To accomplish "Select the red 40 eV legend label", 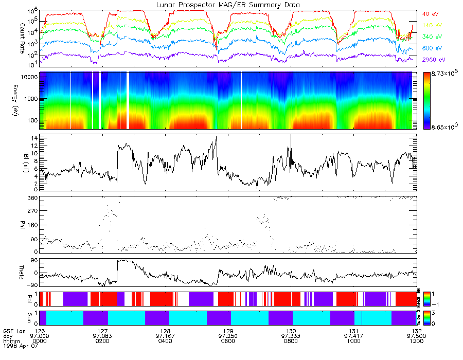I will pyautogui.click(x=430, y=13).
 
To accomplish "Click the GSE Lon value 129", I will pyautogui.click(x=228, y=331).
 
